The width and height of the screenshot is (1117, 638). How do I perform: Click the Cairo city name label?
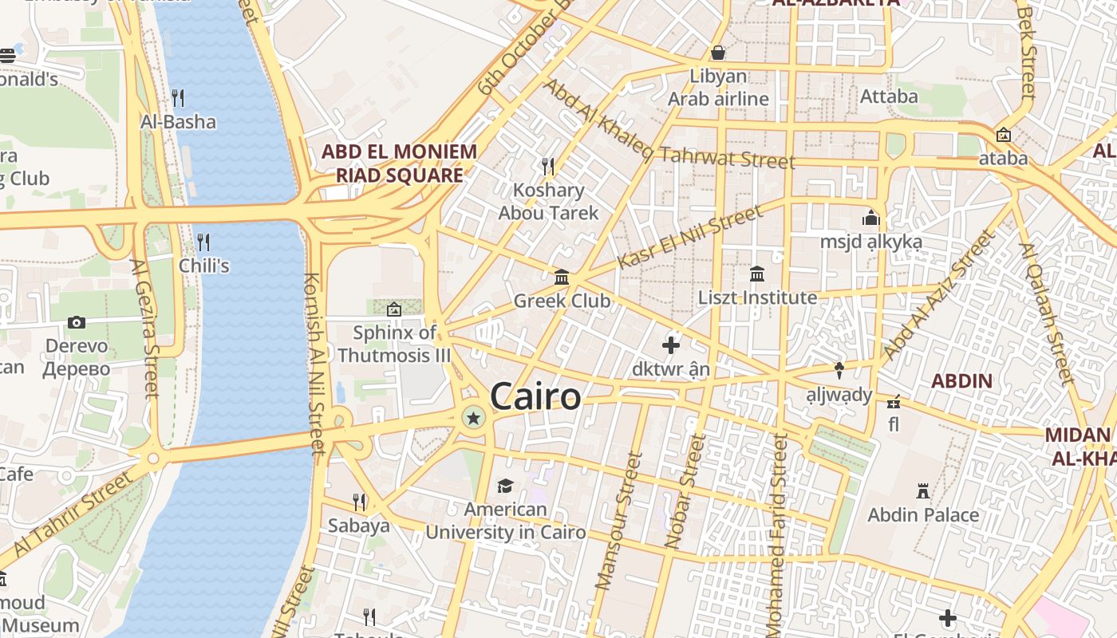pyautogui.click(x=535, y=396)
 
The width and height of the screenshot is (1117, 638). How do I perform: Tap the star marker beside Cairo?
pyautogui.click(x=474, y=417)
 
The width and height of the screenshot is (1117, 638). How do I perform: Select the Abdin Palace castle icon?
pyautogui.click(x=923, y=490)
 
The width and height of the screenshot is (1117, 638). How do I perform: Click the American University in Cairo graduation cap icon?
pyautogui.click(x=505, y=486)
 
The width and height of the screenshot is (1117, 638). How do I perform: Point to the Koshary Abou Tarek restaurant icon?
pyautogui.click(x=548, y=166)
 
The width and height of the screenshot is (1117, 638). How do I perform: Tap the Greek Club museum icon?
pyautogui.click(x=562, y=278)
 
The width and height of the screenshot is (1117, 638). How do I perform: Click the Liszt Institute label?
pyautogui.click(x=757, y=297)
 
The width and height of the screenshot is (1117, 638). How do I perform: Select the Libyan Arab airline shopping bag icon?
pyautogui.click(x=718, y=53)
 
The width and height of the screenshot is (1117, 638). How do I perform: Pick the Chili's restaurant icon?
pyautogui.click(x=203, y=242)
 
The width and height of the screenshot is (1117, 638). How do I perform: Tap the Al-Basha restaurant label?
pyautogui.click(x=178, y=121)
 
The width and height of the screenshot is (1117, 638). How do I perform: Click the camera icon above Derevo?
pyautogui.click(x=77, y=322)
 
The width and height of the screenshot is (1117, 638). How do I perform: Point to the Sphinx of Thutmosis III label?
pyautogui.click(x=394, y=344)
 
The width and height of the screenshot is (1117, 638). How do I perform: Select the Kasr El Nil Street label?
pyautogui.click(x=690, y=237)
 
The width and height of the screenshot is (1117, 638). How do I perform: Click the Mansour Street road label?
pyautogui.click(x=619, y=521)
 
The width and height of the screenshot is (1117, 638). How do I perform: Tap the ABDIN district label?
pyautogui.click(x=962, y=380)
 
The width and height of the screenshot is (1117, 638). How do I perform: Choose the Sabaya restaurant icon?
pyautogui.click(x=359, y=502)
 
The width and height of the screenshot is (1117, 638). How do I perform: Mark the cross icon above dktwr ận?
pyautogui.click(x=671, y=345)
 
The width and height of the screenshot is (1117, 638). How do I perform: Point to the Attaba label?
pyautogui.click(x=889, y=96)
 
